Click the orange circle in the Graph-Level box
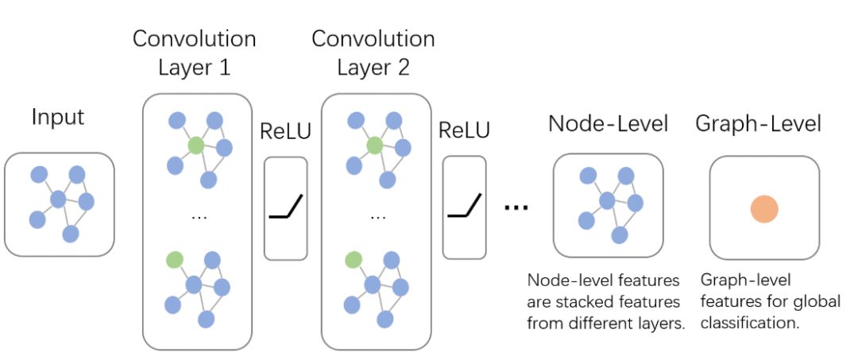tap(763, 209)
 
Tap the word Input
tap(58, 118)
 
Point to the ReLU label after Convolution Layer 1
tap(285, 130)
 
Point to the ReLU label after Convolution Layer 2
tap(464, 130)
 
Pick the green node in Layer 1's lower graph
tap(175, 259)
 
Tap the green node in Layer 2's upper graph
tap(374, 145)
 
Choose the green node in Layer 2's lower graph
tap(354, 259)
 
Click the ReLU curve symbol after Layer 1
tap(285, 208)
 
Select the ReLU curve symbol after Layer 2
tap(464, 208)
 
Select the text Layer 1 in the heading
tap(194, 67)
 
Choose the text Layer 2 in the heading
tap(373, 67)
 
